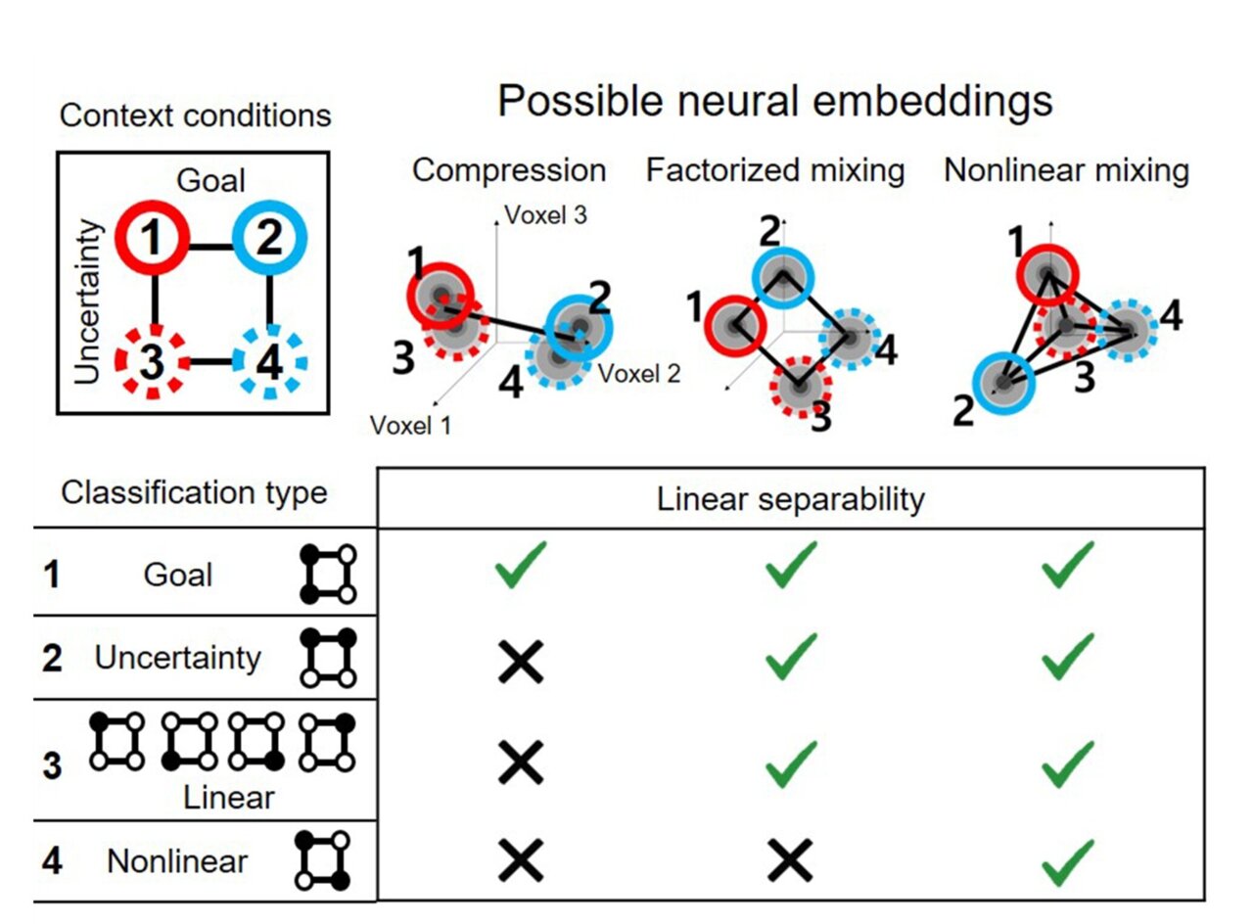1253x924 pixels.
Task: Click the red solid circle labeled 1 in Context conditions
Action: [x=152, y=240]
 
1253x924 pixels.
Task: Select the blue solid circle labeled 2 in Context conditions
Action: [x=270, y=240]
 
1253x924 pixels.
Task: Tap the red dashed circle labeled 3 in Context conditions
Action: [x=152, y=361]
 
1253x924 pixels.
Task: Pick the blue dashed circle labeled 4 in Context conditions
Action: [x=270, y=361]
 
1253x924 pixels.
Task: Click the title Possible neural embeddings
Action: [x=774, y=102]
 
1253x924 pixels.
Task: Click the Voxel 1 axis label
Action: [x=410, y=425]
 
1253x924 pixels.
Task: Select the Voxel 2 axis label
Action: [x=640, y=373]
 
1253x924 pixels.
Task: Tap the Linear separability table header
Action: [x=790, y=499]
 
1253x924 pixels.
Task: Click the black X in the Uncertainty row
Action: [x=521, y=663]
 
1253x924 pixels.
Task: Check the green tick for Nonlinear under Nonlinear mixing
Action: [x=1066, y=860]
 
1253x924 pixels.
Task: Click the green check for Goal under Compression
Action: [x=521, y=569]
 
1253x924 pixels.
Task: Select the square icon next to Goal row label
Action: [x=328, y=575]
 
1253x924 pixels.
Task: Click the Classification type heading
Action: [x=194, y=492]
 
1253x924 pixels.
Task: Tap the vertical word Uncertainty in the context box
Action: [x=87, y=301]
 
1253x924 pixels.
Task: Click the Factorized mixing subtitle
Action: [x=774, y=170]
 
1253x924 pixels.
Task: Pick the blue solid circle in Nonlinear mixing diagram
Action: [x=1002, y=381]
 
